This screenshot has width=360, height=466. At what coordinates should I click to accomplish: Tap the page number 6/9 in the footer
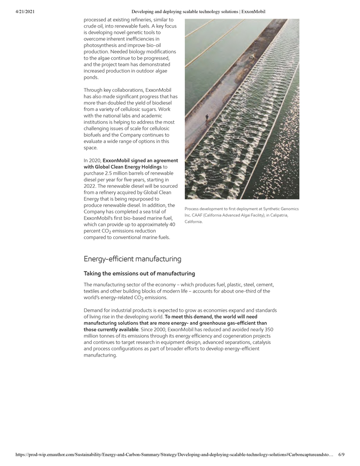(x=341, y=454)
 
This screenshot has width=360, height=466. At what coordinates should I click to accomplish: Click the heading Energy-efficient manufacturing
(x=132, y=259)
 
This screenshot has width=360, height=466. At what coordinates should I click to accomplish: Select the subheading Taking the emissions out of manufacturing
(x=139, y=274)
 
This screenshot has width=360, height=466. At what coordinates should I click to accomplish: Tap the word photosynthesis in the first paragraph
(x=101, y=45)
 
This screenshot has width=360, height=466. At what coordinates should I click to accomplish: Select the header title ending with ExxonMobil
(x=198, y=12)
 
